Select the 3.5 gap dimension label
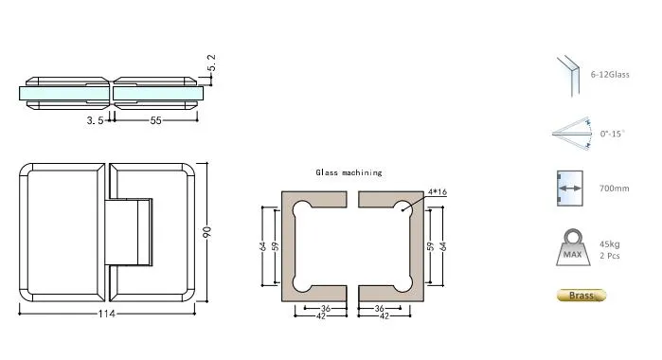tap(95, 121)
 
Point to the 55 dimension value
tap(155, 121)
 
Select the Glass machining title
tap(349, 172)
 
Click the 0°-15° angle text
tap(611, 135)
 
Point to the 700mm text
tap(613, 189)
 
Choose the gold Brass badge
tap(580, 296)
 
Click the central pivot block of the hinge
tap(131, 231)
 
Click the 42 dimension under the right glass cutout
tap(385, 315)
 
